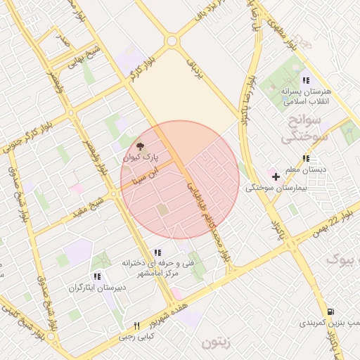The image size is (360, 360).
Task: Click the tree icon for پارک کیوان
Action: (x=139, y=147)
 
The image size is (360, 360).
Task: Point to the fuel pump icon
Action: (x=330, y=311)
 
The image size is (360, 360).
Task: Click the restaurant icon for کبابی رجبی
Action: (x=137, y=326)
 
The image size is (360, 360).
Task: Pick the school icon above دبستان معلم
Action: (x=305, y=158)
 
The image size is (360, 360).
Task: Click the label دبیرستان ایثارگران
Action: (x=97, y=288)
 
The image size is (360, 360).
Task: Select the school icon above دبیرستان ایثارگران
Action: (x=97, y=276)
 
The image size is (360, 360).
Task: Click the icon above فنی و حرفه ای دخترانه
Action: (x=157, y=252)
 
